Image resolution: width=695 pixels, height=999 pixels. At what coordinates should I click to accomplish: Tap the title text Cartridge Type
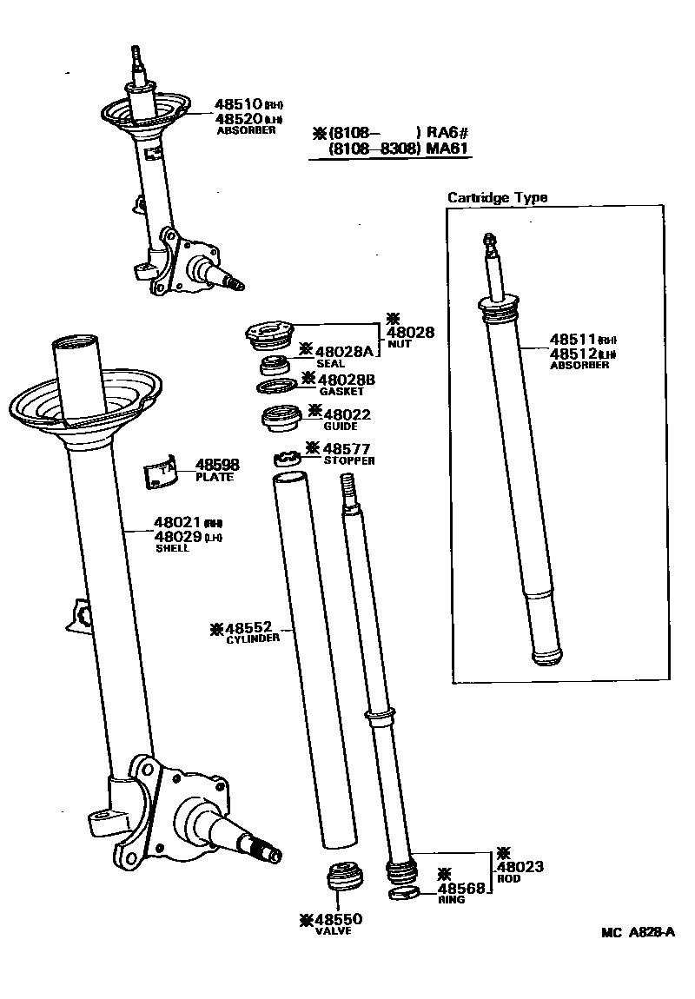coord(497,197)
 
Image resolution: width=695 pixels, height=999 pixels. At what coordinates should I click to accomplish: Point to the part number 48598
coord(217,466)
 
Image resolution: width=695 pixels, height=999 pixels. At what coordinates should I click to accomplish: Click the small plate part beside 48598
coord(160,469)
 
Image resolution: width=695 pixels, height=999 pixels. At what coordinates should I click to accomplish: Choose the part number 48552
coord(250,627)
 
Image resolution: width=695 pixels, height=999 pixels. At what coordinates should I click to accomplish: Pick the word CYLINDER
coord(253,638)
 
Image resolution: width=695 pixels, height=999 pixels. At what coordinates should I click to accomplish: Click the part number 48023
coord(520,867)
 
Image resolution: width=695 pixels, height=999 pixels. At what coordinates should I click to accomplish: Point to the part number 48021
coord(178,523)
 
